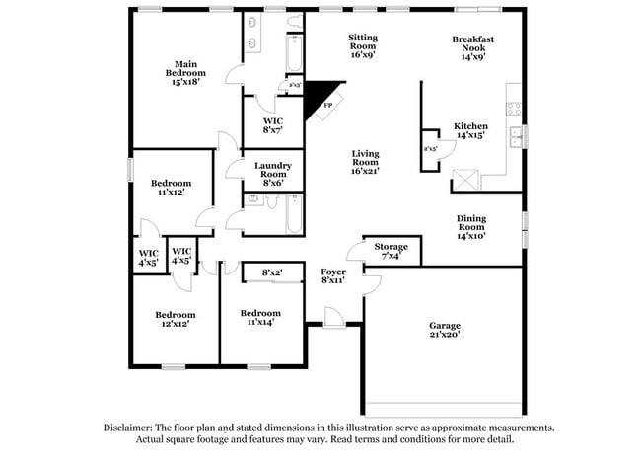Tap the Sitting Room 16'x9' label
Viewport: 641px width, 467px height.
(362, 46)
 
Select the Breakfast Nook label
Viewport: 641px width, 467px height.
(472, 46)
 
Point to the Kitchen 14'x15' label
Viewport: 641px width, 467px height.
(470, 130)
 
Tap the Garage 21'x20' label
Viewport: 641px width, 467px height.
(444, 330)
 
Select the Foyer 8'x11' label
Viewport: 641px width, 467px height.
(333, 274)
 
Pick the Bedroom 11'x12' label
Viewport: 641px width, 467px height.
(171, 188)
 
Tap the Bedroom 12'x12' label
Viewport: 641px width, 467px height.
(174, 319)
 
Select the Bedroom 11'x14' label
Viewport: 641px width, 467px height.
(260, 317)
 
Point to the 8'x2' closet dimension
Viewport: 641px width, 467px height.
(272, 272)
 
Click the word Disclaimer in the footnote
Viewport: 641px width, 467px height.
(134, 428)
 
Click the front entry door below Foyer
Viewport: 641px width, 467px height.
(334, 317)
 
